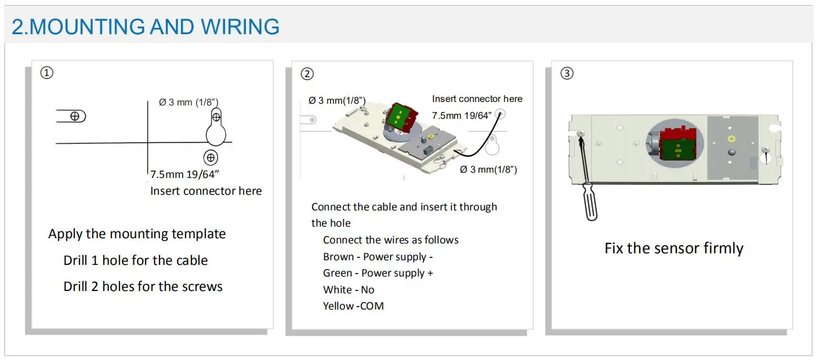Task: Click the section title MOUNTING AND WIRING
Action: click(x=146, y=27)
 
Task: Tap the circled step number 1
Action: click(x=47, y=73)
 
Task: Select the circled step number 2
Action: click(x=307, y=74)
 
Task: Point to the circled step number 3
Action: click(x=567, y=74)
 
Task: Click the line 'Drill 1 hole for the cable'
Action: click(x=135, y=260)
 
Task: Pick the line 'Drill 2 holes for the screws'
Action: click(x=143, y=286)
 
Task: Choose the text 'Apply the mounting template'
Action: click(x=137, y=234)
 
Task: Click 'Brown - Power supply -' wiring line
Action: click(x=378, y=256)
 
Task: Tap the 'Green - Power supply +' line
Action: click(x=378, y=273)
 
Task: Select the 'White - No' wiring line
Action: click(x=349, y=289)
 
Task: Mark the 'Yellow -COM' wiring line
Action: click(x=353, y=306)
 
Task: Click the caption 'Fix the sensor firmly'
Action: click(x=673, y=248)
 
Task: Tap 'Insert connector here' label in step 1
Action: click(x=206, y=191)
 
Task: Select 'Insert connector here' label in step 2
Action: click(x=477, y=99)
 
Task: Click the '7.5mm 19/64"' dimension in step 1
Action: click(x=184, y=174)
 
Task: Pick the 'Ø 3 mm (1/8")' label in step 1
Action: click(x=188, y=103)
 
